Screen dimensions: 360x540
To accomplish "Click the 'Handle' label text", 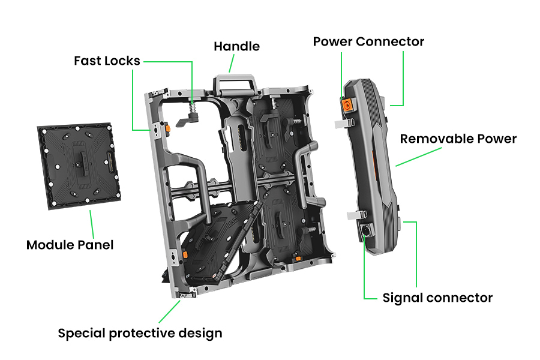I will (x=236, y=46).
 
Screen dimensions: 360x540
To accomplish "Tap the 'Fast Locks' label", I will (x=107, y=61).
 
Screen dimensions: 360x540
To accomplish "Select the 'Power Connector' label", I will (x=368, y=41).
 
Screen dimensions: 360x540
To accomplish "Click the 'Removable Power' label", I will (x=458, y=139).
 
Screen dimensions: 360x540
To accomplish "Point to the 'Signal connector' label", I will (x=437, y=298).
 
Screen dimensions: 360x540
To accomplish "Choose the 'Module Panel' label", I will (x=70, y=245).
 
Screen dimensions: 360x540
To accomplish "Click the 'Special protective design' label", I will (x=140, y=333).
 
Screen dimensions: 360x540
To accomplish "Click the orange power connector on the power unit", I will (x=347, y=105).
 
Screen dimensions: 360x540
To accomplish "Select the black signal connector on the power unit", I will (x=365, y=230).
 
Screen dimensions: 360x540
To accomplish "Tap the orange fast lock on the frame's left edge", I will (x=169, y=128).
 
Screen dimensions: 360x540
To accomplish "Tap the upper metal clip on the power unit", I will (x=343, y=123).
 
